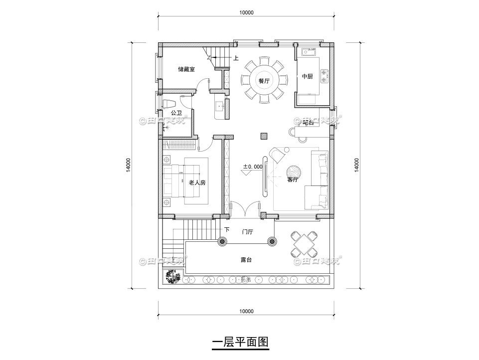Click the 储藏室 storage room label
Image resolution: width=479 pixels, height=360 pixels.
pos(186,69)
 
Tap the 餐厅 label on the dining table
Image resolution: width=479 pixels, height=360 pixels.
pos(264,81)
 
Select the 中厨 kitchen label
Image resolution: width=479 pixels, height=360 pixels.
pos(308,76)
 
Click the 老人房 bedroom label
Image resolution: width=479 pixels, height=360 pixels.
pos(197,183)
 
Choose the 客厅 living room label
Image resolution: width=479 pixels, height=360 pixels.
pos(293,180)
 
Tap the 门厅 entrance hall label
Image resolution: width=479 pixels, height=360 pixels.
pos(248,232)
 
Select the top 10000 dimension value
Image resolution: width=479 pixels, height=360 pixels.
pos(246,13)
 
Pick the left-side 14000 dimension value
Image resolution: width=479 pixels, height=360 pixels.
pos(129,166)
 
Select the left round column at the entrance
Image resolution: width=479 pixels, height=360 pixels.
pos(222,242)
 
